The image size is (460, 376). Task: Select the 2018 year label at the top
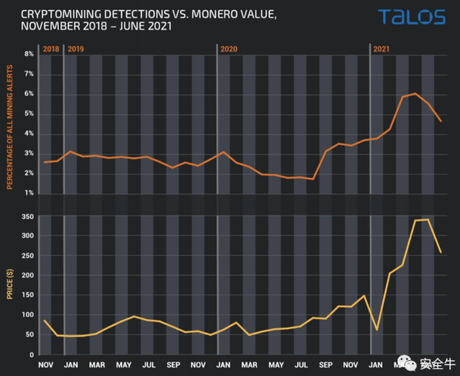[50, 48]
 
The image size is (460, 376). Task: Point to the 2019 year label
[76, 48]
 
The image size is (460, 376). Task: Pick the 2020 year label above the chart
[229, 48]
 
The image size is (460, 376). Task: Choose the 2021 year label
[382, 48]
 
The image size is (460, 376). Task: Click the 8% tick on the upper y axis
[30, 54]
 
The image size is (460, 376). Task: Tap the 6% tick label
[30, 94]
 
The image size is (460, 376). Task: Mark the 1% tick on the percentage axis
[30, 193]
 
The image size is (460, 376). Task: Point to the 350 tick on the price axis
[27, 216]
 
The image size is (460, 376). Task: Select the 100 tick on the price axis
[27, 315]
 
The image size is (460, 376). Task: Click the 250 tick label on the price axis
[27, 256]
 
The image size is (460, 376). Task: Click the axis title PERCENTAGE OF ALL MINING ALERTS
[10, 123]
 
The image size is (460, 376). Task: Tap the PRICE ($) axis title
[10, 285]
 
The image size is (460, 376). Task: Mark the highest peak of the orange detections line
[415, 94]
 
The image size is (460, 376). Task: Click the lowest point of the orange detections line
[313, 179]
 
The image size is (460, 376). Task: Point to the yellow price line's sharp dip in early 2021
[377, 329]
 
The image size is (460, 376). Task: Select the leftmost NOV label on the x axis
[45, 365]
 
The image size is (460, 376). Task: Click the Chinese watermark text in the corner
[436, 362]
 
